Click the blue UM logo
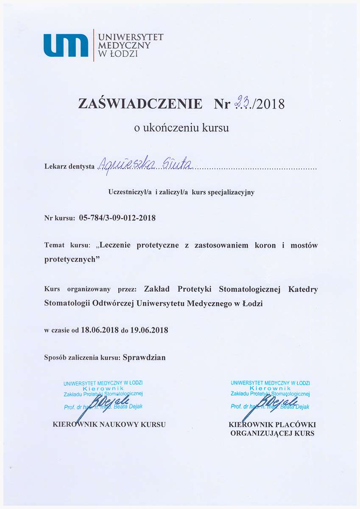point(66,45)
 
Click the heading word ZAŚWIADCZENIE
point(140,104)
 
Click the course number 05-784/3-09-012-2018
point(117,218)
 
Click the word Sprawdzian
point(144,357)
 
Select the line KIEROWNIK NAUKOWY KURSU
point(109,424)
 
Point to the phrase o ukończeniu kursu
point(181,128)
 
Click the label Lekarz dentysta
point(69,166)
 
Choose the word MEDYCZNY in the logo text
point(124,45)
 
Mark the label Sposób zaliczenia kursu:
point(82,358)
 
